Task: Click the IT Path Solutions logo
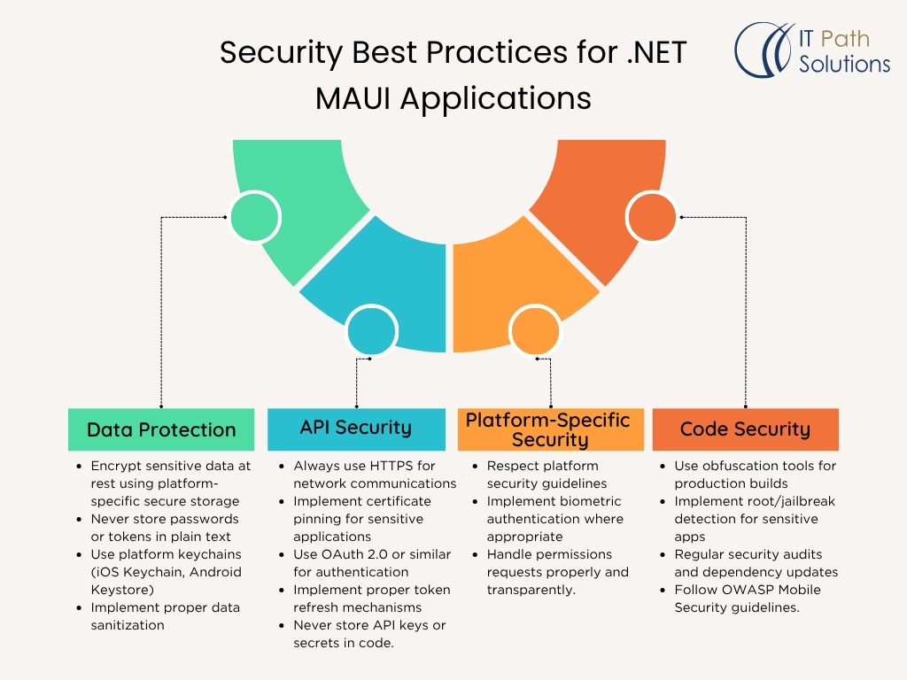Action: pyautogui.click(x=812, y=51)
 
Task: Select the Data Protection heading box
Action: pyautogui.click(x=161, y=429)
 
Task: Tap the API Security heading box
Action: pyautogui.click(x=356, y=428)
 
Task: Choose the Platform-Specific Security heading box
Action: pyautogui.click(x=549, y=429)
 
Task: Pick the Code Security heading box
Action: pyautogui.click(x=745, y=429)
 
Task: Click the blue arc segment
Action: pyautogui.click(x=390, y=283)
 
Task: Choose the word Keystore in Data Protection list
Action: pyautogui.click(x=122, y=590)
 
